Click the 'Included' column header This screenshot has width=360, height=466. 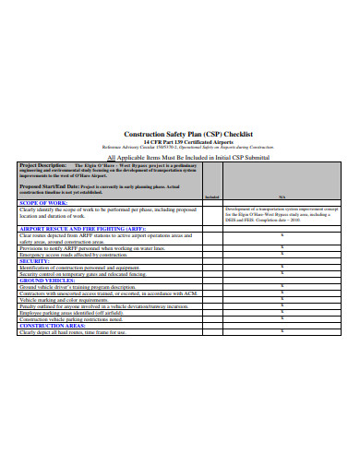pos(211,197)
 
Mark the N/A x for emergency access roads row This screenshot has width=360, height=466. pos(281,255)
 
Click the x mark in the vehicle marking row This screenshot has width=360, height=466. pos(281,300)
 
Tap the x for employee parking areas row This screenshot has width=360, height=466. pos(281,313)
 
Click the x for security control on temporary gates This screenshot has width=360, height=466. pos(281,274)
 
